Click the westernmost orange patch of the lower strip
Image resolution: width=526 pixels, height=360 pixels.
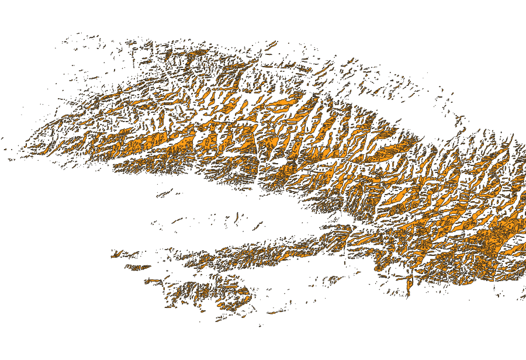[116, 254]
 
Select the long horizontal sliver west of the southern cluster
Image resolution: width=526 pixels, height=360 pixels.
[154, 281]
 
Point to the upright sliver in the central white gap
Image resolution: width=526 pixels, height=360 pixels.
[236, 217]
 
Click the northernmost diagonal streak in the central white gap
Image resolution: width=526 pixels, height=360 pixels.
[165, 192]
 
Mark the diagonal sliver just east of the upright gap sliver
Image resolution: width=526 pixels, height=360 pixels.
[257, 226]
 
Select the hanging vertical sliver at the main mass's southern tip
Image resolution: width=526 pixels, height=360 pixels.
[409, 286]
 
